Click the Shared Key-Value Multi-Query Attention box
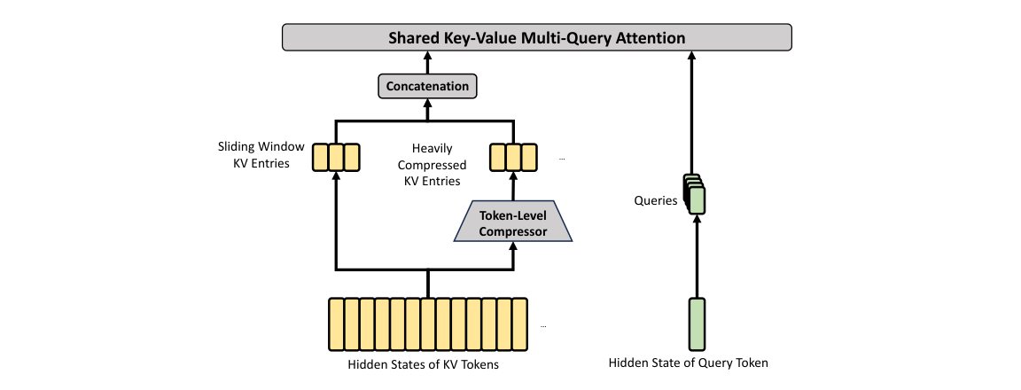(x=535, y=38)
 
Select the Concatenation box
(x=427, y=86)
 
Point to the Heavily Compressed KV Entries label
(x=432, y=165)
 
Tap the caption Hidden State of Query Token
(x=688, y=363)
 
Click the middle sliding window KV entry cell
(x=335, y=157)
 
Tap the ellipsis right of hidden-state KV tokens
(x=543, y=326)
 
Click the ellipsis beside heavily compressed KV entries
(x=562, y=160)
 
